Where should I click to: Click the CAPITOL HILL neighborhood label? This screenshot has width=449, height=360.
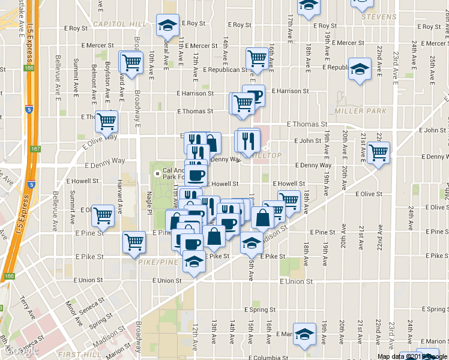click(120, 24)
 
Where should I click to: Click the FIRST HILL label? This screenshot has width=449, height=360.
click(77, 355)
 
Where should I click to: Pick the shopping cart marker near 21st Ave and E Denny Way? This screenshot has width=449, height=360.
click(378, 153)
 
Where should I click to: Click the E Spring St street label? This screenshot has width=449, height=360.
click(260, 310)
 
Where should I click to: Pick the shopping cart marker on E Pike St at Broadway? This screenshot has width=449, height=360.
click(134, 242)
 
